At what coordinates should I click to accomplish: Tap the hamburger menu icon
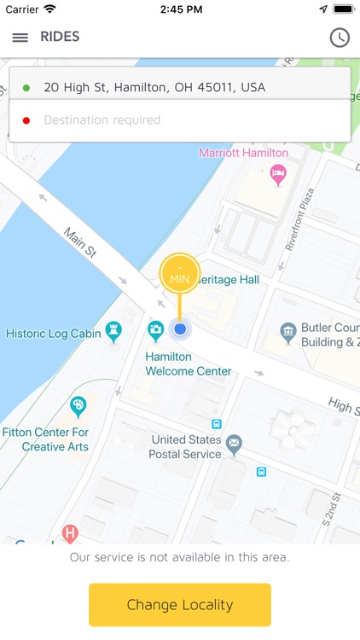pos(20,38)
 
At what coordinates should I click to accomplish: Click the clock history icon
pos(340,38)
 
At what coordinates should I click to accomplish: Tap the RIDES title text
pos(60,37)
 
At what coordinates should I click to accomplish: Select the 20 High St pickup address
pos(154,87)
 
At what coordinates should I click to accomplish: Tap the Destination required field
pos(102,120)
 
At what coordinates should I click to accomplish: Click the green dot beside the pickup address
pos(26,88)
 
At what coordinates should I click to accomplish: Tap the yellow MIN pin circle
pos(180,274)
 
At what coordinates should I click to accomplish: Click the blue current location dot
pos(180,329)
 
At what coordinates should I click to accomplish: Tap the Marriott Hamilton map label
pos(243,154)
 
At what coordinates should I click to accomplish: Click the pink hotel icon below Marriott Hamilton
pos(278,175)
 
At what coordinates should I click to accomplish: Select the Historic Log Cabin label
pos(53,333)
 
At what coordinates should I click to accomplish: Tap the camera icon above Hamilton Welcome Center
pos(155,330)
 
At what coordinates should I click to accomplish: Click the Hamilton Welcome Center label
pos(188,364)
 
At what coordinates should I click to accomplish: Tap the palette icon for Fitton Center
pos(78,406)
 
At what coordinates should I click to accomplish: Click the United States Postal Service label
pos(186,447)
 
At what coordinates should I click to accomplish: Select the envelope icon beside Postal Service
pos(234,443)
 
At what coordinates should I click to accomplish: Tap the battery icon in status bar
pos(343,9)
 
